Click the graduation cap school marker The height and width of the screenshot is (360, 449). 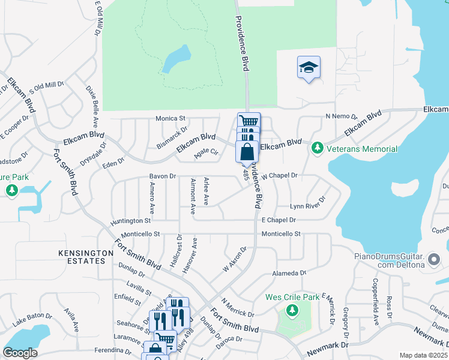(309, 68)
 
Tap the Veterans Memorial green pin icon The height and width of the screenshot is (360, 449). (316, 148)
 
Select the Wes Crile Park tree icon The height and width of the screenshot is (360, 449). (292, 311)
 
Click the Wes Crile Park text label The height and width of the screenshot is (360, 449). (293, 297)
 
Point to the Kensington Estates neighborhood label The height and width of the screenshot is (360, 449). (86, 257)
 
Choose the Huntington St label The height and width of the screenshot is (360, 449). (130, 221)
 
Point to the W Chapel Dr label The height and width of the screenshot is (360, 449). (280, 176)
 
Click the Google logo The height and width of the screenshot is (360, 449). (20, 353)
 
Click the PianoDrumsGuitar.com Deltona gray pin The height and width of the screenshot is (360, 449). (435, 260)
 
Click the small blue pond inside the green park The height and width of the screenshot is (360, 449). (176, 59)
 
